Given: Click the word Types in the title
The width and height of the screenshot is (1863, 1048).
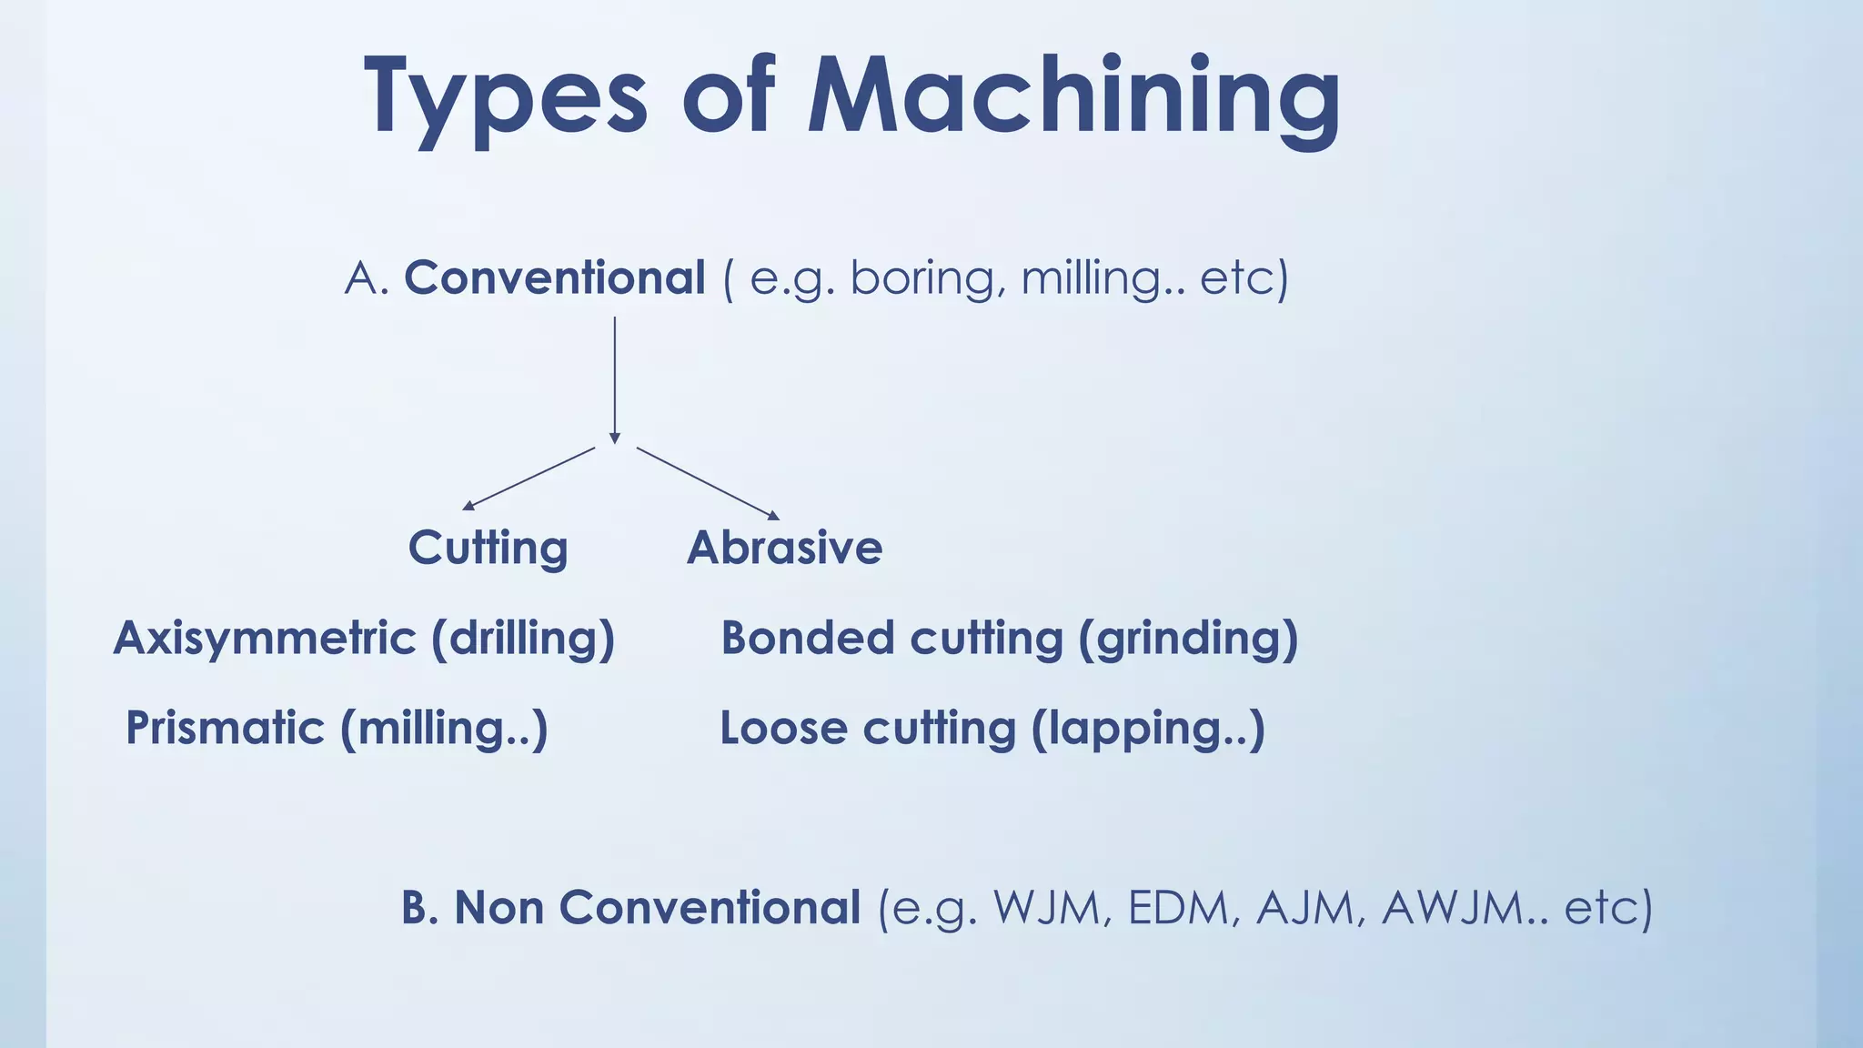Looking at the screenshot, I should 505,98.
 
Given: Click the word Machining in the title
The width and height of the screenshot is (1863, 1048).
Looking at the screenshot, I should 1073,98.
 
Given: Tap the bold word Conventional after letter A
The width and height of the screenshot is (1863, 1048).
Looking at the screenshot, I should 554,277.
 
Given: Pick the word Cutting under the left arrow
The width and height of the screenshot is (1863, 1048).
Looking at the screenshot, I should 488,548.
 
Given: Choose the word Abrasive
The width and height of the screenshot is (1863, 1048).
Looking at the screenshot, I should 784,548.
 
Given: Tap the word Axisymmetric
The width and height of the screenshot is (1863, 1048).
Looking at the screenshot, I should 265,639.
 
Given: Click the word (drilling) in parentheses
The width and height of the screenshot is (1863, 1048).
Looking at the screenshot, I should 523,639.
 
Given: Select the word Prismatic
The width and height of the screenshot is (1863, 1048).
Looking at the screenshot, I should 225,728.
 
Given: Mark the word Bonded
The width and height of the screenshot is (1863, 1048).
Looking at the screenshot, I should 807,639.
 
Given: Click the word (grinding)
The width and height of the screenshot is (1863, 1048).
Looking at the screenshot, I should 1188,639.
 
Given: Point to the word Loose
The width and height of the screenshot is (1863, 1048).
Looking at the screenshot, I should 783,728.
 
